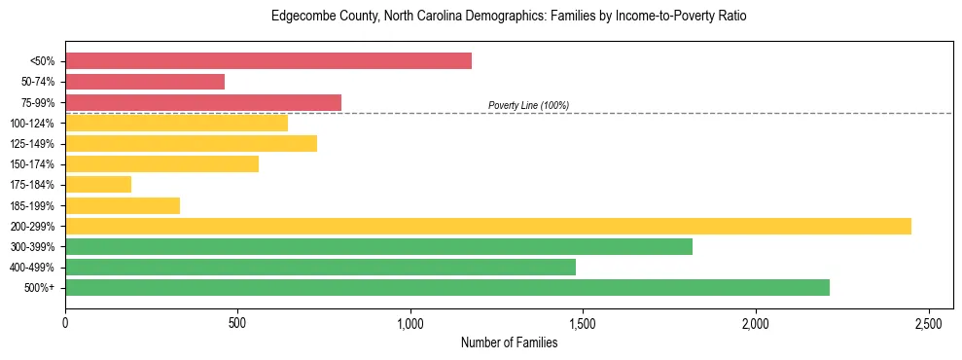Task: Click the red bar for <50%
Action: [268, 61]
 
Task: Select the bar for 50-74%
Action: [145, 82]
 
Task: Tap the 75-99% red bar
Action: [203, 102]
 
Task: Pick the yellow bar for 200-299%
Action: [488, 226]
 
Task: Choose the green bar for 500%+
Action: [447, 287]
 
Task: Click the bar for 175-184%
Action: [98, 185]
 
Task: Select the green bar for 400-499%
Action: [320, 267]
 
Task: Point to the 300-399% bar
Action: [378, 246]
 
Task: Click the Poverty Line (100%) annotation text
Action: [528, 105]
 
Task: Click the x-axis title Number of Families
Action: [509, 342]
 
